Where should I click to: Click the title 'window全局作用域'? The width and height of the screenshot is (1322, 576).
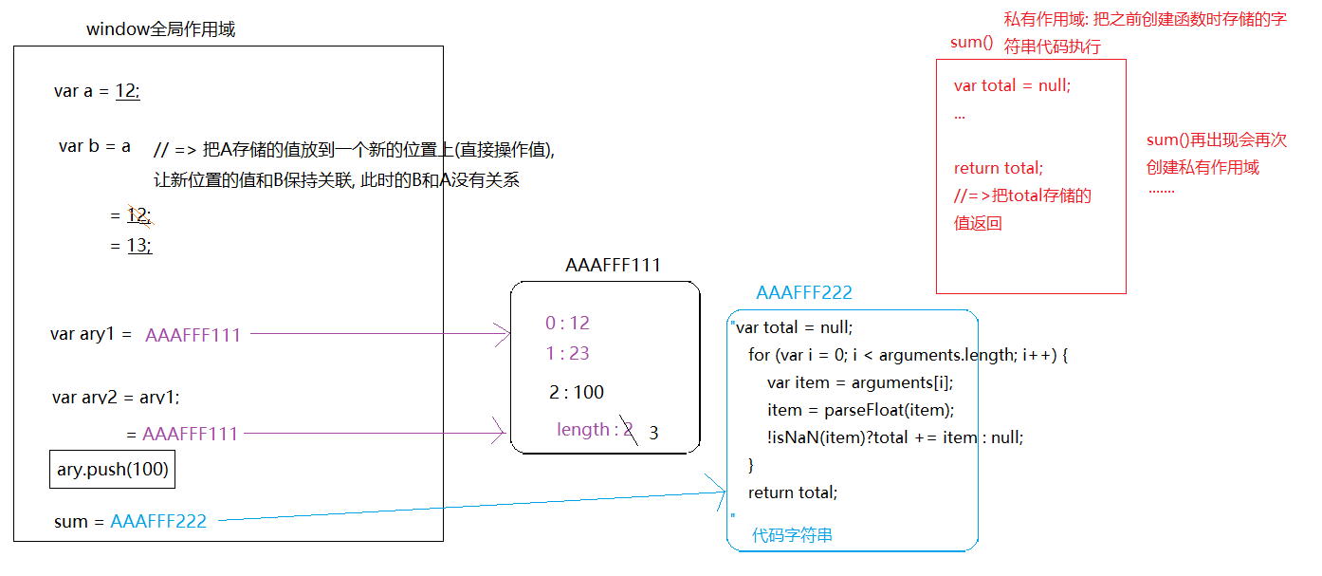pyautogui.click(x=160, y=29)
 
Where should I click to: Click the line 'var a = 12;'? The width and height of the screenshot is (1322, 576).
pyautogui.click(x=97, y=91)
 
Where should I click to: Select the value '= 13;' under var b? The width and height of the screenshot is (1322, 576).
pyautogui.click(x=131, y=246)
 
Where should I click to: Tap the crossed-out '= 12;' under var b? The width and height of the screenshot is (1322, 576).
pyautogui.click(x=131, y=215)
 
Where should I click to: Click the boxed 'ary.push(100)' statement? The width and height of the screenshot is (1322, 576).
pyautogui.click(x=112, y=470)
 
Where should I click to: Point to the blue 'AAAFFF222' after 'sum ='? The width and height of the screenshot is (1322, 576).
pyautogui.click(x=158, y=521)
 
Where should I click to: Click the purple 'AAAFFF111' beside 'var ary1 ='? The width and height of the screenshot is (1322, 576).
pyautogui.click(x=193, y=335)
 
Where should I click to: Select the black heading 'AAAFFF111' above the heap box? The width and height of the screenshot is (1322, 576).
pyautogui.click(x=613, y=266)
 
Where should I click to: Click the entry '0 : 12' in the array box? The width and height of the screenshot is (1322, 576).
pyautogui.click(x=567, y=324)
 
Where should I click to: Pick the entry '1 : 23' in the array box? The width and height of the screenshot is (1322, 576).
pyautogui.click(x=567, y=354)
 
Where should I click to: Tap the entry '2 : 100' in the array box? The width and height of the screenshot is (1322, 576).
pyautogui.click(x=576, y=393)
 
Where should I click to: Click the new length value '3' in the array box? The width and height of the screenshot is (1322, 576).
pyautogui.click(x=653, y=434)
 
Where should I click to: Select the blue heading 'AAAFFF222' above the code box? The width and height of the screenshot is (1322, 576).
pyautogui.click(x=804, y=293)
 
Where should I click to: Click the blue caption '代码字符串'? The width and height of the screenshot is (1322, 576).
pyautogui.click(x=792, y=535)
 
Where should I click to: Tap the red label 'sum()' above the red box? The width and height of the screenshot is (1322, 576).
pyautogui.click(x=971, y=43)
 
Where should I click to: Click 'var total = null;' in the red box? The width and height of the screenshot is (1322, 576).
pyautogui.click(x=1012, y=85)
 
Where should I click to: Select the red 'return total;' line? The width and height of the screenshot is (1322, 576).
pyautogui.click(x=998, y=168)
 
